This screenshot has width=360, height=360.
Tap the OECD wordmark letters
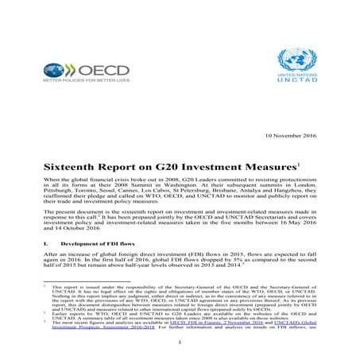(90, 71)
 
